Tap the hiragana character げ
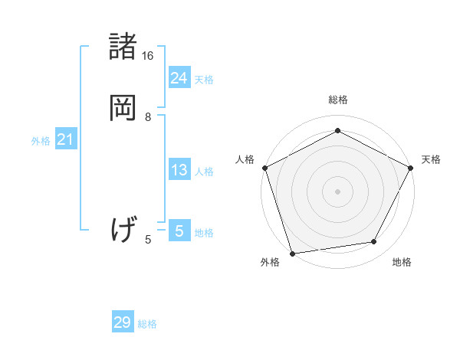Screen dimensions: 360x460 pos(124,228)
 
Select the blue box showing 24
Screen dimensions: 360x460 pos(179,77)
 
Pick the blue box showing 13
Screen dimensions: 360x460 pos(179,170)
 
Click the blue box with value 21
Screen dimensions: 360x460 pos(66,139)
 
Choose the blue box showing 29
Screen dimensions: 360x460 pos(123,322)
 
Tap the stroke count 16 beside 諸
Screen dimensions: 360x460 pos(148,56)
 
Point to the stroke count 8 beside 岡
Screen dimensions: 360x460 pos(148,117)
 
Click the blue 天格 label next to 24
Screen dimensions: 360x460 pos(204,79)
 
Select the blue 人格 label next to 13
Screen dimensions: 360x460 pos(204,172)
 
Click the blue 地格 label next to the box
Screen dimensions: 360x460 pos(204,233)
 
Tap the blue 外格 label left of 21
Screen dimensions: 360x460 pos(41,141)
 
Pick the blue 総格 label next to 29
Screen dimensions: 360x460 pos(147,324)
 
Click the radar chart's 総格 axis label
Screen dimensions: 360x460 pos(338,100)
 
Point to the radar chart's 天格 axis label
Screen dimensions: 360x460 pos(431,159)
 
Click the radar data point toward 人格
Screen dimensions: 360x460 pos(264,167)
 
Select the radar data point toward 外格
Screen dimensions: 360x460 pos(292,252)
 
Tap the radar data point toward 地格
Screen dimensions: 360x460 pos(374,241)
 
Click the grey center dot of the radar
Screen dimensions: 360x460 pos(337,191)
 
